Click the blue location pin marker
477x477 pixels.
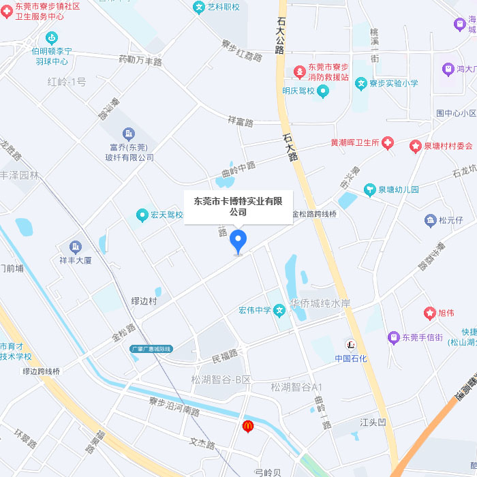click(x=238, y=241)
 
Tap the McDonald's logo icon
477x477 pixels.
click(x=248, y=426)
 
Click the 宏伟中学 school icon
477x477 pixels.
click(x=279, y=311)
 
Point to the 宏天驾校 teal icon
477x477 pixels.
click(x=142, y=215)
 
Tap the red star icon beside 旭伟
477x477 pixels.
click(x=429, y=313)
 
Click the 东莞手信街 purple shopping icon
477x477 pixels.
click(x=393, y=337)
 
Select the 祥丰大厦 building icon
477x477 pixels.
click(x=75, y=247)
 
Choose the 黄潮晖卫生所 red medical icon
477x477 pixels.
click(x=388, y=142)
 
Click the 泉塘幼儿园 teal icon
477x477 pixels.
click(x=370, y=189)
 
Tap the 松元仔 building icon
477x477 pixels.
click(x=430, y=220)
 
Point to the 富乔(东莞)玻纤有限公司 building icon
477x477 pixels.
click(x=129, y=134)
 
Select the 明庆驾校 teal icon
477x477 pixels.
click(x=324, y=91)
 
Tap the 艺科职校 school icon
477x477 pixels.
click(x=199, y=7)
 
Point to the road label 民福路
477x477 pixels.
click(x=225, y=355)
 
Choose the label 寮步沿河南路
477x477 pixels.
click(x=174, y=405)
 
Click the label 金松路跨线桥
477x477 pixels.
click(x=314, y=214)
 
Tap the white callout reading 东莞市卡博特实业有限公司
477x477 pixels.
click(x=238, y=206)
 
